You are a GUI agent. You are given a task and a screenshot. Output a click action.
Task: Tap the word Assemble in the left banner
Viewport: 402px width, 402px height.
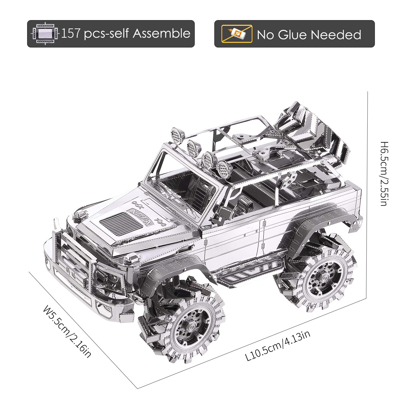coord(162,34)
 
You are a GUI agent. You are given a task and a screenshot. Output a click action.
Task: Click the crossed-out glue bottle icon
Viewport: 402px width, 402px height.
coord(237,34)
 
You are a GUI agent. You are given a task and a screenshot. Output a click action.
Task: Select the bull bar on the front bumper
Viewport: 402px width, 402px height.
coord(73,254)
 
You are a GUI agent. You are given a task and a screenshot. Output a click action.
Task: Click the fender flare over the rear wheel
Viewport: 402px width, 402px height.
coord(327,221)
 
